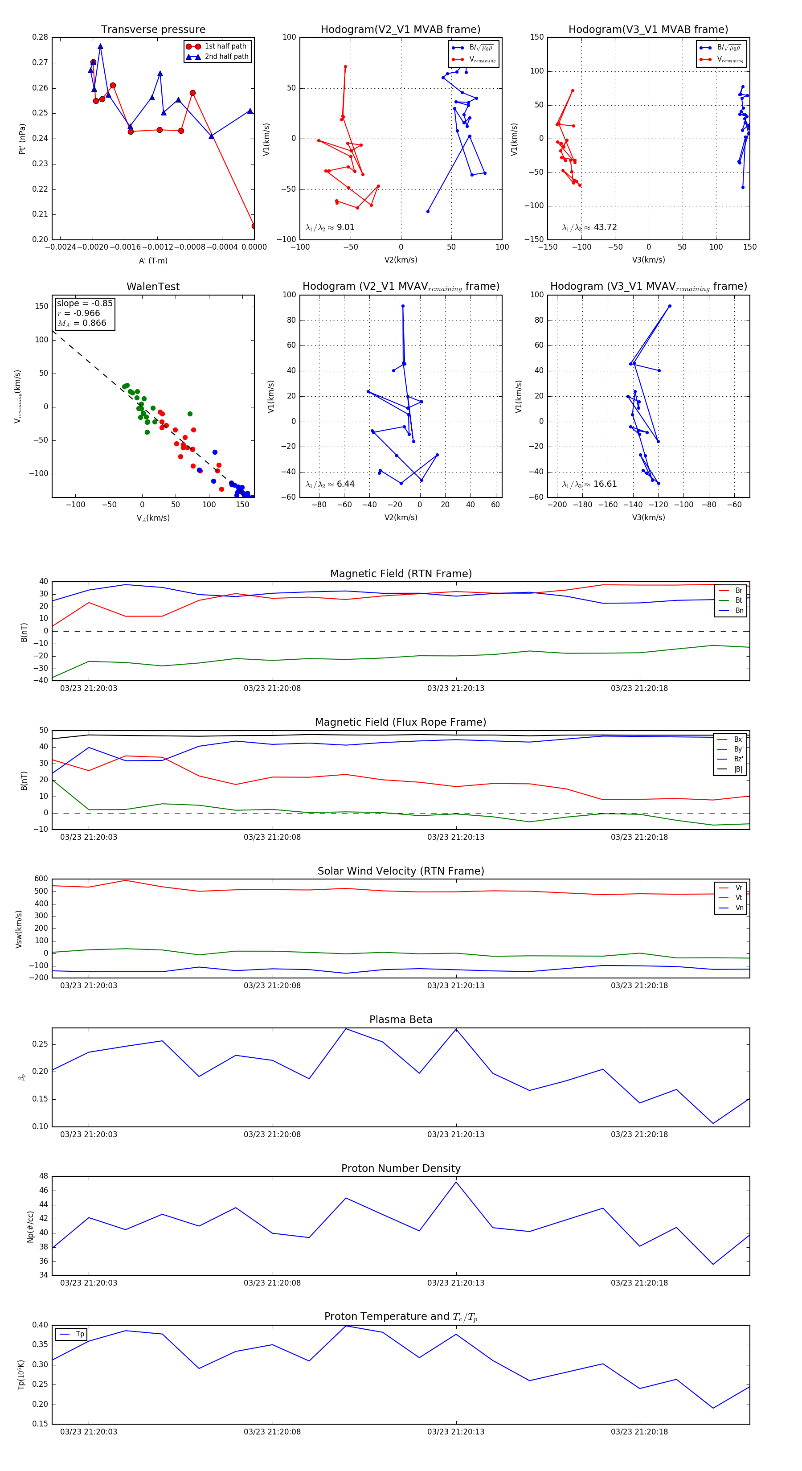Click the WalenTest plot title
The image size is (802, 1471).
coord(153,287)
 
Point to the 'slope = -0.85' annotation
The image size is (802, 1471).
coord(85,303)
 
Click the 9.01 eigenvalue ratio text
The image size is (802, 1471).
coord(345,227)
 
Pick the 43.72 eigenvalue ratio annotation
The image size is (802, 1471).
coord(605,227)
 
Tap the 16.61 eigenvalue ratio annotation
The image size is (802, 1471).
coord(605,484)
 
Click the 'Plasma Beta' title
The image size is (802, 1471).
coord(401,1020)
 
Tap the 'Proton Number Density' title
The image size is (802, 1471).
coord(401,1168)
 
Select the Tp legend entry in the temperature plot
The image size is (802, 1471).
coord(79,1334)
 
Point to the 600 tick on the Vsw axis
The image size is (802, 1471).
coord(41,879)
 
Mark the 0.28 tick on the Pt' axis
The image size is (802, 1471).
coord(40,37)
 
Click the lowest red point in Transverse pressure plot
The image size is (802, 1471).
coord(254,226)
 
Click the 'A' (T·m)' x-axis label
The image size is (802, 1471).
coord(153,260)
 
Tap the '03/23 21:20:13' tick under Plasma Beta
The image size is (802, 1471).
coord(455,1134)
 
